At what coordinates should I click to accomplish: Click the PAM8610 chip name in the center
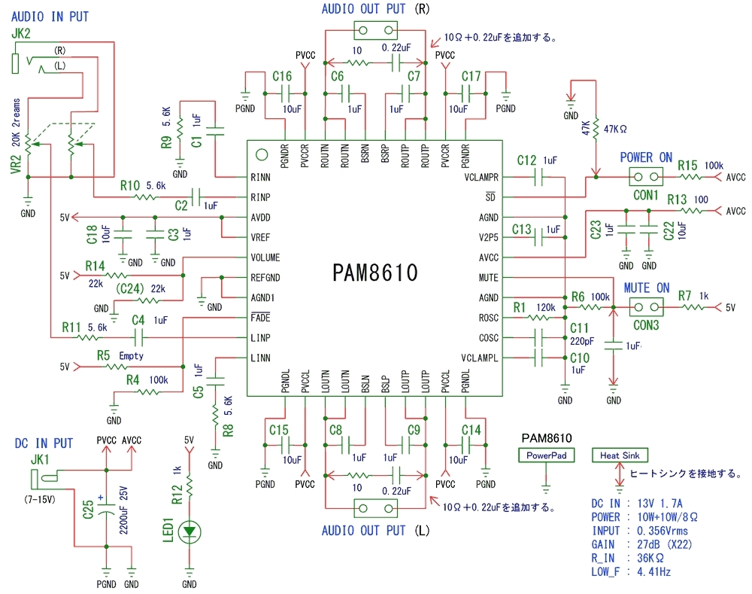375,273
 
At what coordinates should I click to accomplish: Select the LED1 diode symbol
190,532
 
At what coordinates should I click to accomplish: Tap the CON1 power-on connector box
646,177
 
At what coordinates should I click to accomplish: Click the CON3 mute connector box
646,307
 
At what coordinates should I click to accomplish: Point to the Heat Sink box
620,455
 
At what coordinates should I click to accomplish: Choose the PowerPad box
546,455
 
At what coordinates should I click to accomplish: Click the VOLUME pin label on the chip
265,257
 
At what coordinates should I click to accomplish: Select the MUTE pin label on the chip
488,278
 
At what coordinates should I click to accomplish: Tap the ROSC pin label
488,318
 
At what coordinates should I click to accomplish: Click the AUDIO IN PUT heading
50,17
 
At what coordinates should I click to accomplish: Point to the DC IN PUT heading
44,443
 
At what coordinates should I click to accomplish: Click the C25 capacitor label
88,510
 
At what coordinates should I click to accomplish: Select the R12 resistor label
177,495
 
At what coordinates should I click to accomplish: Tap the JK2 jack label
20,34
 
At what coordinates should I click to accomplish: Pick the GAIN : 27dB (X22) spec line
641,544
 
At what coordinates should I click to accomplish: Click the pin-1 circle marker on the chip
262,154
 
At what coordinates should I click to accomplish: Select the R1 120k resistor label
534,307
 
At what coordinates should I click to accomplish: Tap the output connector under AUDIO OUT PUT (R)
375,31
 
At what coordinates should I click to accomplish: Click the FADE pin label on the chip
260,318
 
